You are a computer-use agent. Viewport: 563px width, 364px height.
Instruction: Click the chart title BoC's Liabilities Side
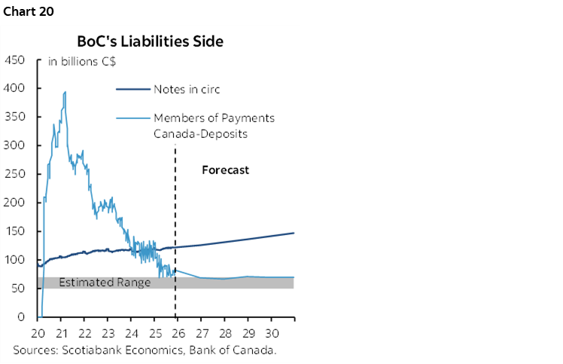click(x=150, y=41)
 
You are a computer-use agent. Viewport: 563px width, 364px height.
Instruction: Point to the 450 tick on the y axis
click(x=15, y=60)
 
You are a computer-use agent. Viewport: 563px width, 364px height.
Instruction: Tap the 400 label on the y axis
click(x=15, y=88)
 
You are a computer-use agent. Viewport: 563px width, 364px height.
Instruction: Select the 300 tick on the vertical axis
click(x=15, y=145)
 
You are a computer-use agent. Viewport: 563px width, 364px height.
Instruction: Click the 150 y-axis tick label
click(x=15, y=231)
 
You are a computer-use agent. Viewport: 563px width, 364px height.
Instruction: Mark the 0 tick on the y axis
click(x=23, y=317)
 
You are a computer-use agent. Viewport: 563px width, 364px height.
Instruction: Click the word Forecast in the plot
click(x=225, y=170)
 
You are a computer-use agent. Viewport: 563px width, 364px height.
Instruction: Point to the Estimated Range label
click(x=105, y=283)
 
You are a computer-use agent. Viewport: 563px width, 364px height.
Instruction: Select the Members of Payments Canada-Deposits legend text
click(x=214, y=124)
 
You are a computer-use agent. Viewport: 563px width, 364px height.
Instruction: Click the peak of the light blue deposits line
click(x=65, y=92)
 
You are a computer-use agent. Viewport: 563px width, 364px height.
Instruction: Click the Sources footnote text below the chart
click(x=145, y=350)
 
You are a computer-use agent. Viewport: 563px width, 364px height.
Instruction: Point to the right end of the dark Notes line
click(x=293, y=233)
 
